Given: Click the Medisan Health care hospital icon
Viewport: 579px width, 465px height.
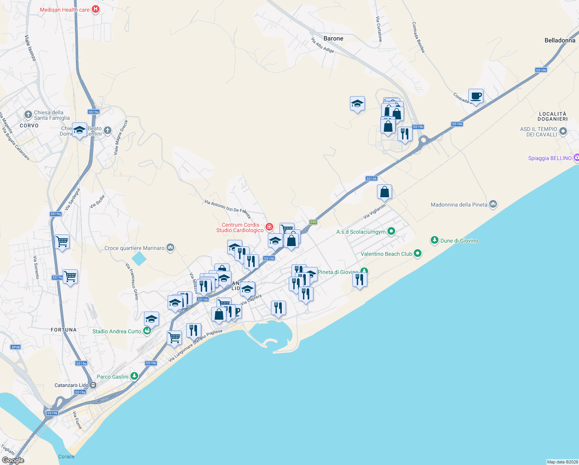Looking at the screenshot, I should point(96,9).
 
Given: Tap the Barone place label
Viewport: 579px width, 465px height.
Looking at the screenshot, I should point(333,38).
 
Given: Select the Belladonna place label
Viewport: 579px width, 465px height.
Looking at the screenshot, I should point(560,40).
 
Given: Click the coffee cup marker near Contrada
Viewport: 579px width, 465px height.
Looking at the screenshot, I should point(476,96).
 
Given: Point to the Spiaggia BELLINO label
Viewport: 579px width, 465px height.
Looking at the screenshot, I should point(550,158).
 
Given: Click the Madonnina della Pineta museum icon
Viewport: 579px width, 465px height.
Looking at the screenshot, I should point(493,204).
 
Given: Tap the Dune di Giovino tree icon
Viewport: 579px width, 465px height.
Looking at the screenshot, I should point(435,240).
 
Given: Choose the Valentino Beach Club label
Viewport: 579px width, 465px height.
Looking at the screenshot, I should point(386,254).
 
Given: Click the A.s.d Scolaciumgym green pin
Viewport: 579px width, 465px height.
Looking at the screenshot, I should point(391,231).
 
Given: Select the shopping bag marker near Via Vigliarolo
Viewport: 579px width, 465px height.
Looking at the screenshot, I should point(384,192).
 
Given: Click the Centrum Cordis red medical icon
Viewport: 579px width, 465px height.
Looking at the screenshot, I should point(269,227).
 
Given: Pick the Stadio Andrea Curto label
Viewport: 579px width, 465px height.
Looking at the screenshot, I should point(116,331).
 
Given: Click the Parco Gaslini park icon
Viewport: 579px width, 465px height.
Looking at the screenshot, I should point(134,376).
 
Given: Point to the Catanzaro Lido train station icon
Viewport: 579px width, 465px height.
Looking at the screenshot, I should point(93,385).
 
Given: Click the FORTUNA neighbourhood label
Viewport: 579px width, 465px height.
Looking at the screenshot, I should point(64,330).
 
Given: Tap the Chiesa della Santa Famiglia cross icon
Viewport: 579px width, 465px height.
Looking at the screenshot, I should point(28,114).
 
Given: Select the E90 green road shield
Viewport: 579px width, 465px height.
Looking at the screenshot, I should point(313,222).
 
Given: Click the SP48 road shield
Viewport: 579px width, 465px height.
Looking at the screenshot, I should point(15,347).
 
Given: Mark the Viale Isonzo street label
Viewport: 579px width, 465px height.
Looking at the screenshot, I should point(30,48).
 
